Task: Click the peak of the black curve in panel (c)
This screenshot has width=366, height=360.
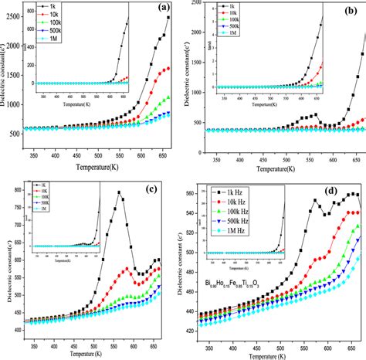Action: tap(120, 192)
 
